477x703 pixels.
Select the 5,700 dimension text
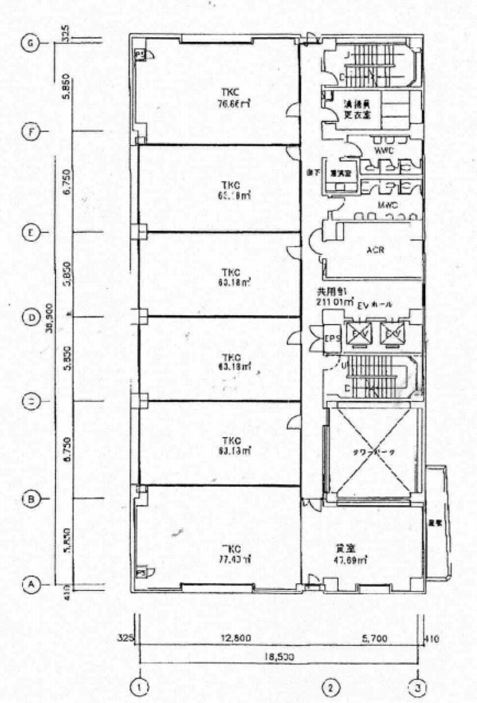pos(374,638)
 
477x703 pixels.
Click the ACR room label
pos(375,249)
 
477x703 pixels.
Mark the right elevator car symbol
pos(390,334)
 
